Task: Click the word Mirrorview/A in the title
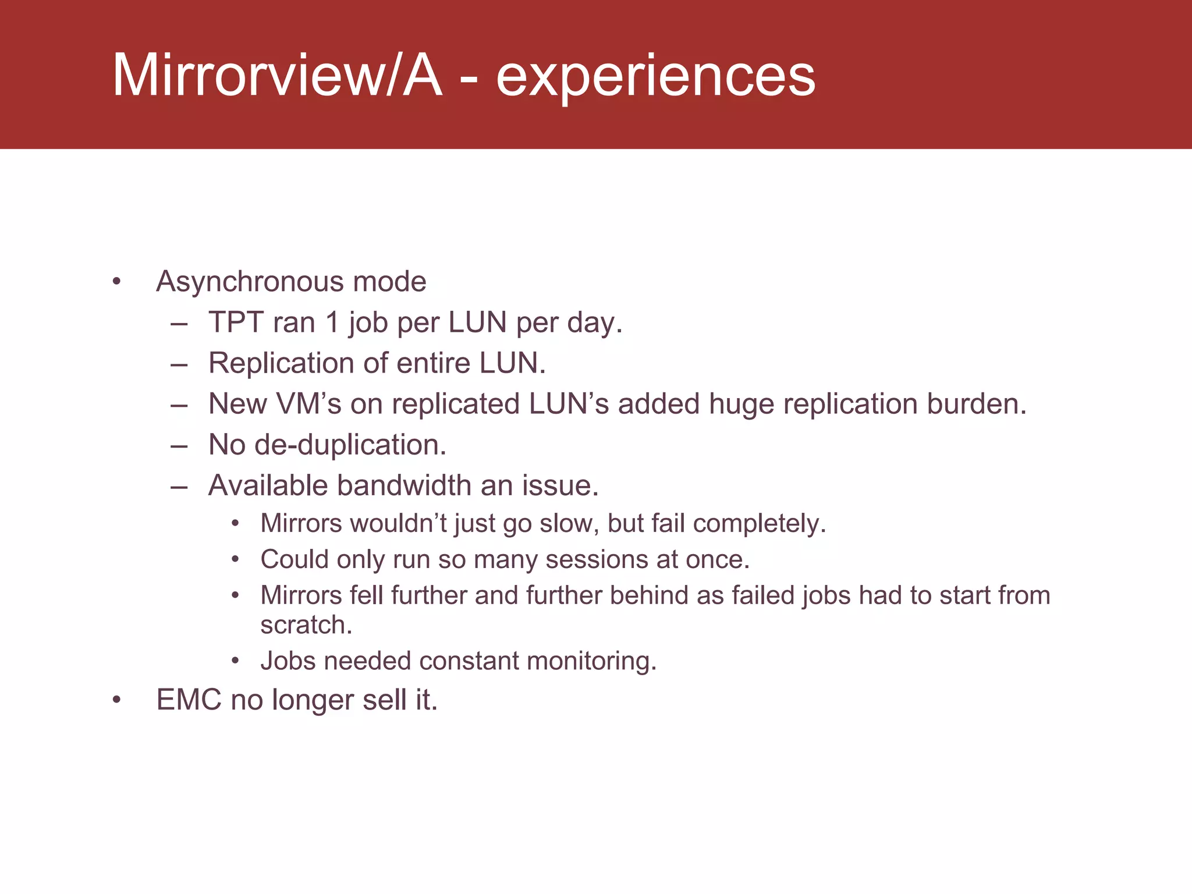tap(277, 76)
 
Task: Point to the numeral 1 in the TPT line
tap(332, 322)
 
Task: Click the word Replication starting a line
tap(281, 363)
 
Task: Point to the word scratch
tap(306, 625)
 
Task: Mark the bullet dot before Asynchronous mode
tap(117, 282)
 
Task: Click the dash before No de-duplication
tap(179, 446)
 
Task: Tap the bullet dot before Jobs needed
tap(235, 661)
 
